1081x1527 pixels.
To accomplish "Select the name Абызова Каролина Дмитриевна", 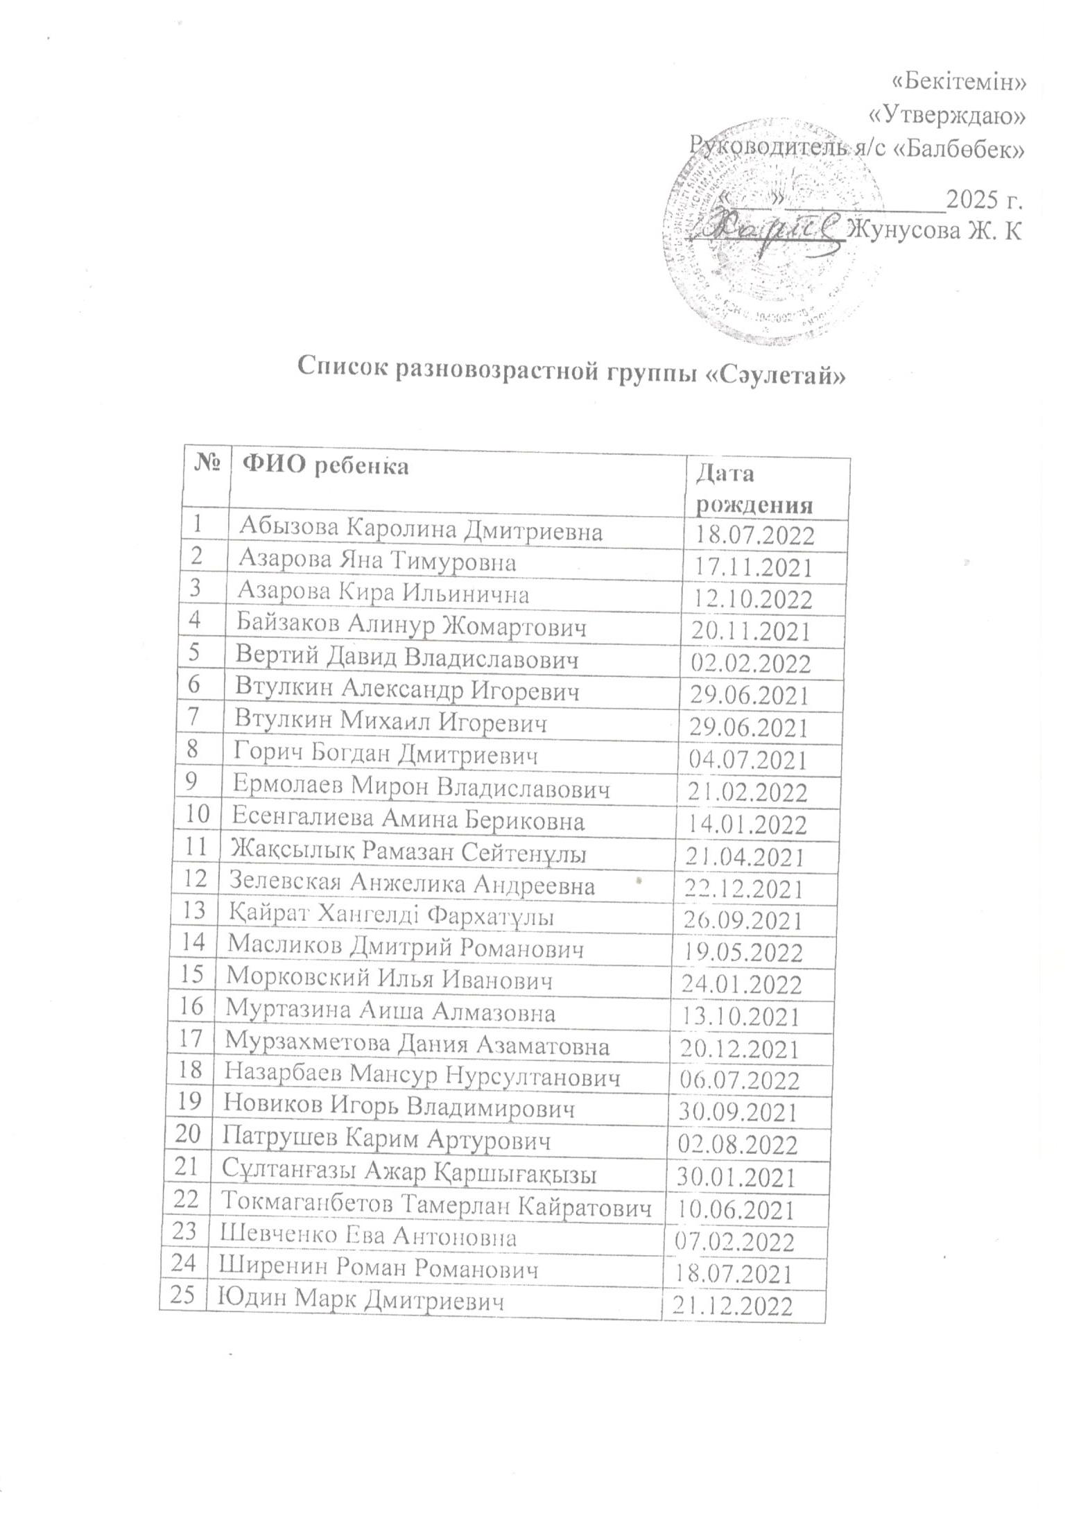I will (x=420, y=531).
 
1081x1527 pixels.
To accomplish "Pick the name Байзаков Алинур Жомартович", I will (x=411, y=627).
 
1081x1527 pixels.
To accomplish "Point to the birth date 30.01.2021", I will (x=736, y=1176).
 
